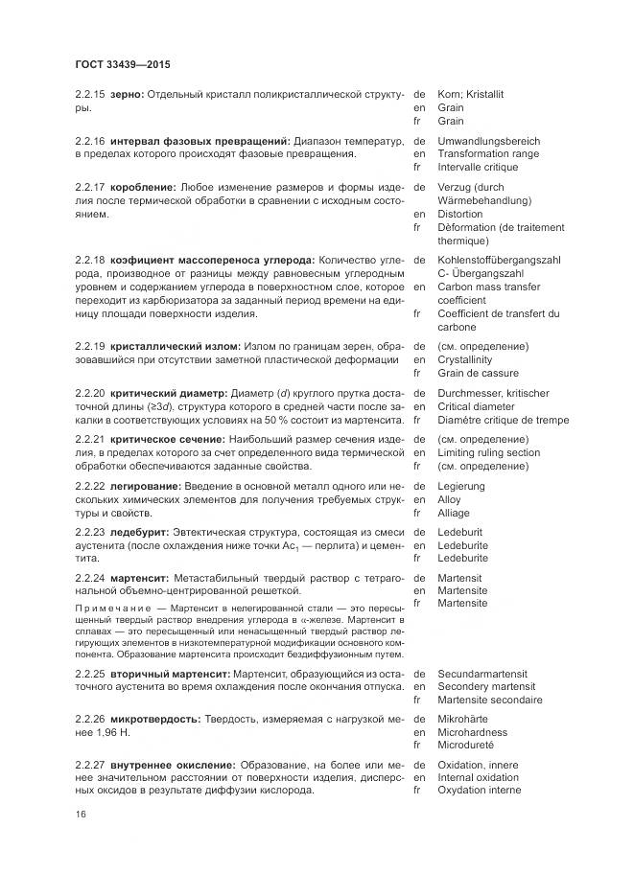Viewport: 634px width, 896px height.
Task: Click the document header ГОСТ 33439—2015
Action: pyautogui.click(x=122, y=65)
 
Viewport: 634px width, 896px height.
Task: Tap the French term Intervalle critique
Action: pyautogui.click(x=478, y=168)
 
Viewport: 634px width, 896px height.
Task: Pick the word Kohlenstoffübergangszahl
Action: pyautogui.click(x=500, y=261)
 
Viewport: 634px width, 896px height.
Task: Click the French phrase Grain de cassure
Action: pyautogui.click(x=478, y=373)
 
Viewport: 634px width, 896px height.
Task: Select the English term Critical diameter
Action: pyautogui.click(x=476, y=406)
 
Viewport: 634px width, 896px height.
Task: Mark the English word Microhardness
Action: pyautogui.click(x=472, y=733)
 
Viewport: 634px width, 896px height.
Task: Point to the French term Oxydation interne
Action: pyautogui.click(x=479, y=791)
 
